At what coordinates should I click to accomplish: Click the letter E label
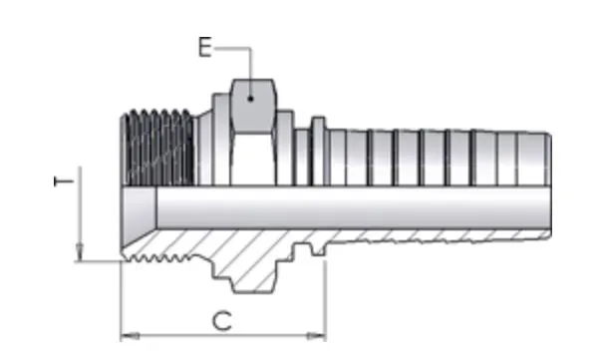(205, 47)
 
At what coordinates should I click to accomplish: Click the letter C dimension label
(222, 321)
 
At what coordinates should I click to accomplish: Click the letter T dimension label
(64, 181)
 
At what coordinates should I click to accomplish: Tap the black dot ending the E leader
(250, 99)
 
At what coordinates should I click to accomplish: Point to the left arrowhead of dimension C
(130, 336)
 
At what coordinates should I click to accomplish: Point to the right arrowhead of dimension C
(316, 336)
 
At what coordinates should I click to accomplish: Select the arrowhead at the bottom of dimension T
(80, 252)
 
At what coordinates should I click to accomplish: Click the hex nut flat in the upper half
(252, 106)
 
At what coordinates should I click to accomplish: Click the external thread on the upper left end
(157, 148)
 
